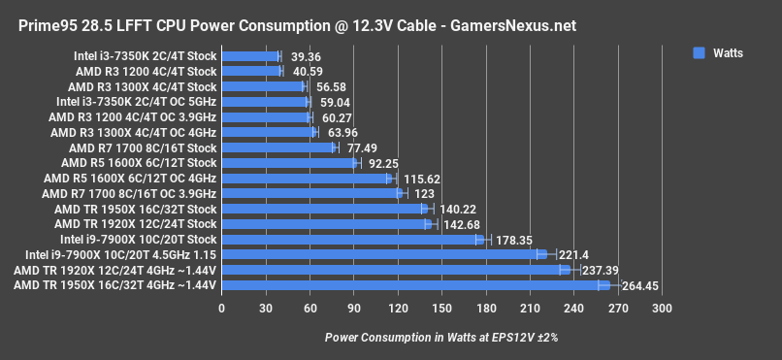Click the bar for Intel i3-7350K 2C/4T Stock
[250, 56]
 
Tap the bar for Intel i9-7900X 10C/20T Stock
[352, 240]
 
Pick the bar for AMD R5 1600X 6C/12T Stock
[289, 163]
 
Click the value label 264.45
[636, 285]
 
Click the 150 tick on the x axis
[441, 308]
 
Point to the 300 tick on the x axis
[662, 308]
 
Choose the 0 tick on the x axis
[222, 308]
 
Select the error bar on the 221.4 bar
[546, 255]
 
